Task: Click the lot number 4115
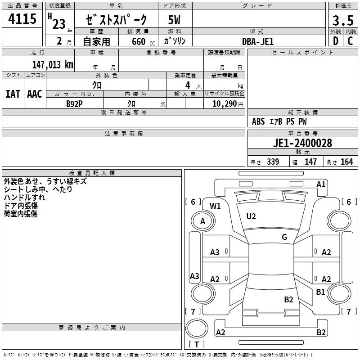pyautogui.click(x=22, y=19)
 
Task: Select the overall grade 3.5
pyautogui.click(x=343, y=21)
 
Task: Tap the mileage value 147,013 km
pyautogui.click(x=53, y=65)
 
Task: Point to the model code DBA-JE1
pyautogui.click(x=258, y=41)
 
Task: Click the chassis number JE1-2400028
pyautogui.click(x=302, y=143)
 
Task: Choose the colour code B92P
pyautogui.click(x=74, y=104)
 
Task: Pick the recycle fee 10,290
pyautogui.click(x=224, y=104)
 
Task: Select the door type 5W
pyautogui.click(x=174, y=20)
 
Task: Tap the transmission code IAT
pyautogui.click(x=13, y=94)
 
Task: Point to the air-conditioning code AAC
pyautogui.click(x=35, y=94)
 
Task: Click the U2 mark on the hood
pyautogui.click(x=251, y=216)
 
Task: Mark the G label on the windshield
pyautogui.click(x=284, y=237)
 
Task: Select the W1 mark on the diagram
pyautogui.click(x=215, y=206)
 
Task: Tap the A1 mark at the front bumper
pyautogui.click(x=321, y=184)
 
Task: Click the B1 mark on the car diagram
pyautogui.click(x=320, y=292)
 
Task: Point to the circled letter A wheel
pyautogui.click(x=203, y=221)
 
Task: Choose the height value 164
pyautogui.click(x=346, y=162)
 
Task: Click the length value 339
pyautogui.click(x=273, y=162)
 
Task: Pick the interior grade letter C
pyautogui.click(x=350, y=41)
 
